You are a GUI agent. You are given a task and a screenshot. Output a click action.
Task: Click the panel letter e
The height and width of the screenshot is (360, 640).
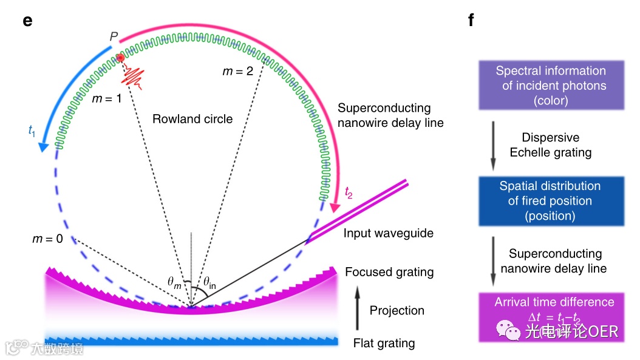click(27, 20)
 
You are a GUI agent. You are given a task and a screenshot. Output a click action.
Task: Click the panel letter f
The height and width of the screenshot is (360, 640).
click(471, 20)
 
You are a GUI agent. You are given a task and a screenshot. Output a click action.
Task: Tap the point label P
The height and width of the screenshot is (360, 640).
click(114, 37)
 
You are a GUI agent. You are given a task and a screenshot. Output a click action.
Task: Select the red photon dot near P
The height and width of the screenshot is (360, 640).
click(121, 58)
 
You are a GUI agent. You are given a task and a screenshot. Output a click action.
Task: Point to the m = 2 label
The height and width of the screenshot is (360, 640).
click(238, 71)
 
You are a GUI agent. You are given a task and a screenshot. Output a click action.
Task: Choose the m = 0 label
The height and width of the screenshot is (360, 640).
click(47, 239)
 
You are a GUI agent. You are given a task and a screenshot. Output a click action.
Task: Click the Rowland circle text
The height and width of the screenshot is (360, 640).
click(192, 119)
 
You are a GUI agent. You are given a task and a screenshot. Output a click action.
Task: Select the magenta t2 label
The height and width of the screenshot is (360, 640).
click(348, 192)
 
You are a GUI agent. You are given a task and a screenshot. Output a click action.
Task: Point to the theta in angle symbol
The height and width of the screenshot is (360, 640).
click(210, 281)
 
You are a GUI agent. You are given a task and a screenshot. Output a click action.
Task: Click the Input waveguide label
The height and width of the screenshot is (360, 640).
click(389, 233)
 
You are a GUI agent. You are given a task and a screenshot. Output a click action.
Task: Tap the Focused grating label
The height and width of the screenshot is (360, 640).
click(389, 272)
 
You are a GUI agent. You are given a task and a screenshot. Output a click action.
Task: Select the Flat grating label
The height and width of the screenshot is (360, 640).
click(384, 343)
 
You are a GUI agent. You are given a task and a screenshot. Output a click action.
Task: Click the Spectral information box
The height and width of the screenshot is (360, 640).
click(551, 86)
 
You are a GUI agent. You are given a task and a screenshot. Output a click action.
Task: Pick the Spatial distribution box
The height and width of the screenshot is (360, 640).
click(550, 200)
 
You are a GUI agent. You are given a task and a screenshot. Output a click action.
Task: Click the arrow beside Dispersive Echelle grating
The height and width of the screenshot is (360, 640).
click(493, 144)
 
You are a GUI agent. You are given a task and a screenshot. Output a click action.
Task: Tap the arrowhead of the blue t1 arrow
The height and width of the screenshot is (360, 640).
click(43, 147)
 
